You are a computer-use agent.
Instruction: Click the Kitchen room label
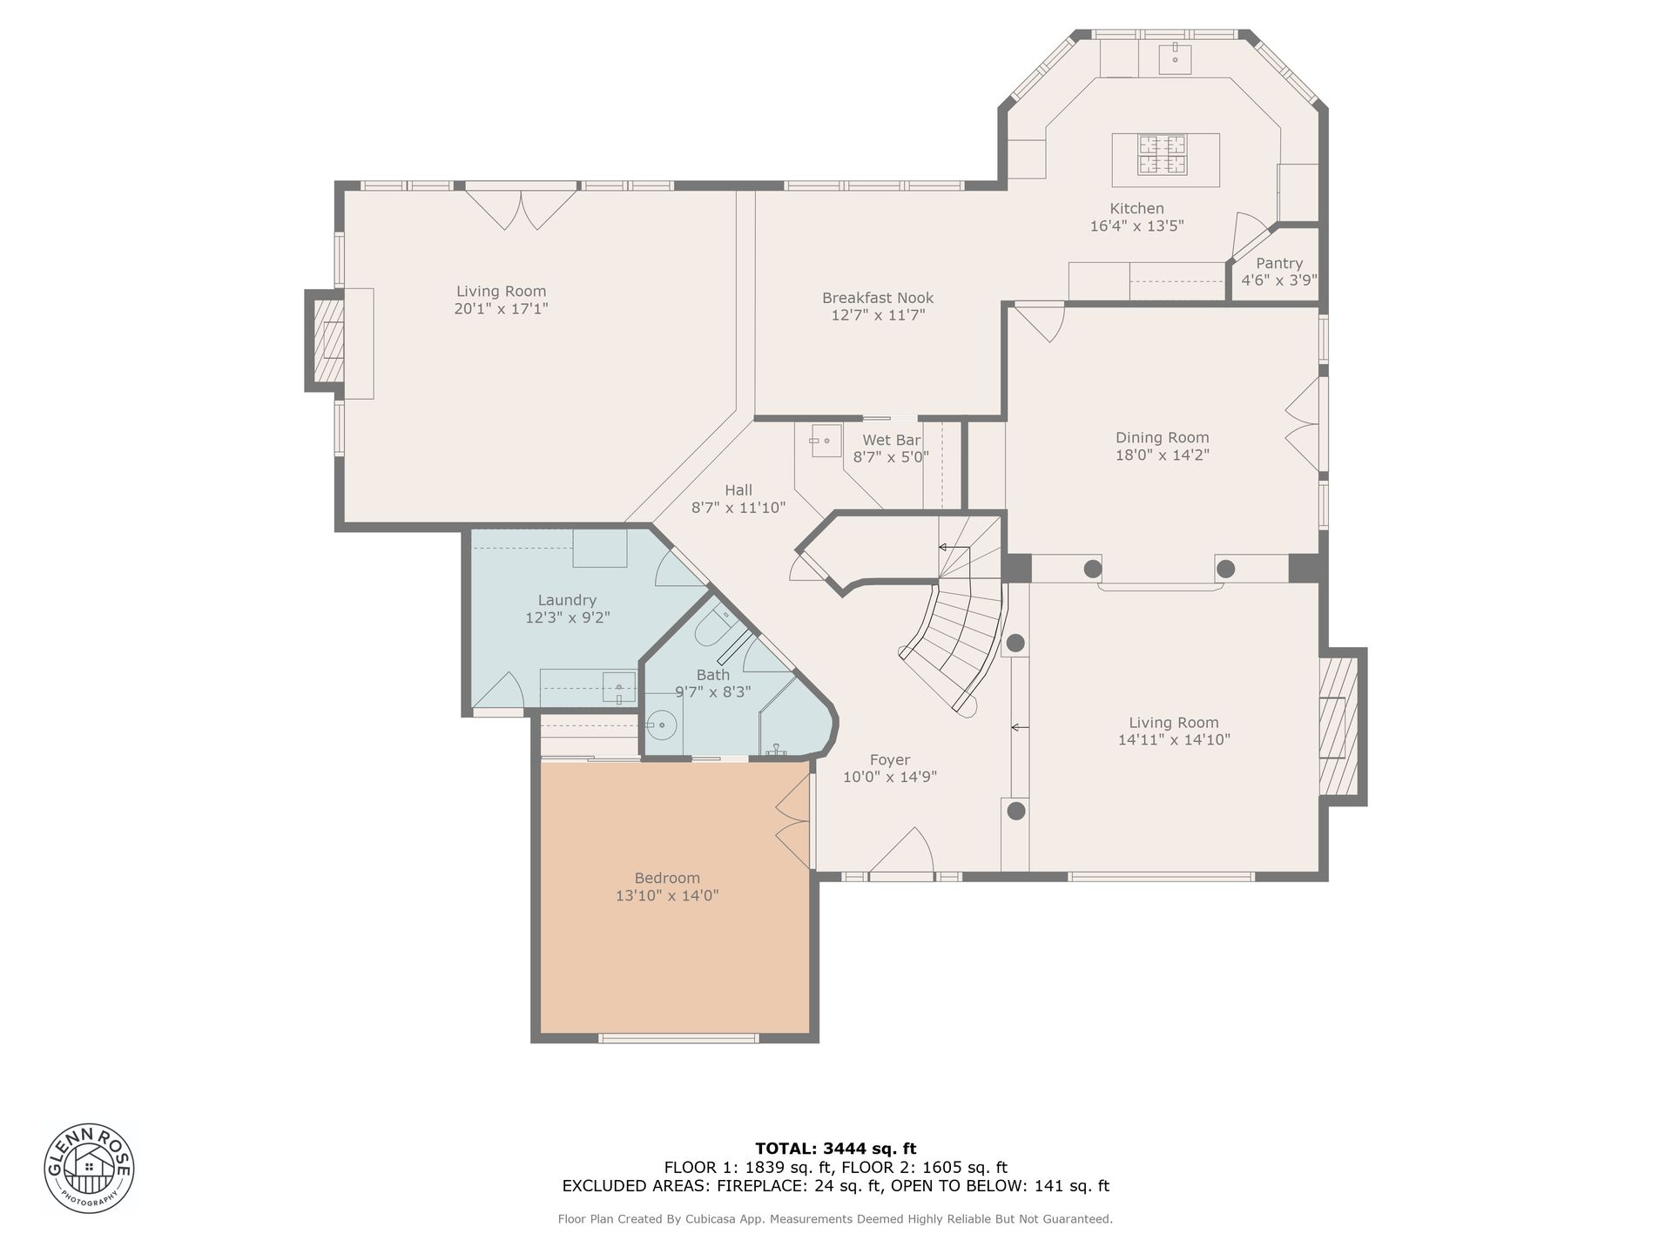pos(1136,209)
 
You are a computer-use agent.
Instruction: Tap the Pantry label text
pos(1279,263)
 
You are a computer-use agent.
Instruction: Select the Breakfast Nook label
pos(878,298)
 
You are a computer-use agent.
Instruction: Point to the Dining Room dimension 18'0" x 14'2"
pos(1163,455)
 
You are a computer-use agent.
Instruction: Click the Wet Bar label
pos(891,440)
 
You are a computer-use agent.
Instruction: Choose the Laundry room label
pos(567,600)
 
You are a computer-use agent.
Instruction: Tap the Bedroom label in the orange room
pos(667,878)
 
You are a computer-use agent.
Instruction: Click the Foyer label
pos(890,759)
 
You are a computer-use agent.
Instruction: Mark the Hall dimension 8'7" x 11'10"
pos(738,507)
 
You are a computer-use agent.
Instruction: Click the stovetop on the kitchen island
pos(1161,155)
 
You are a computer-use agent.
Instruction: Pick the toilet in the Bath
pos(716,625)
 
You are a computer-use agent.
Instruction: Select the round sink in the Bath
pos(662,725)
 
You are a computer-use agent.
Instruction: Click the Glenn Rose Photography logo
pos(89,1168)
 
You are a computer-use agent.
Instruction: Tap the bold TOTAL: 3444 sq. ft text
pos(835,1149)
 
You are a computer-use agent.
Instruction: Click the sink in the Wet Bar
pos(825,441)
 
